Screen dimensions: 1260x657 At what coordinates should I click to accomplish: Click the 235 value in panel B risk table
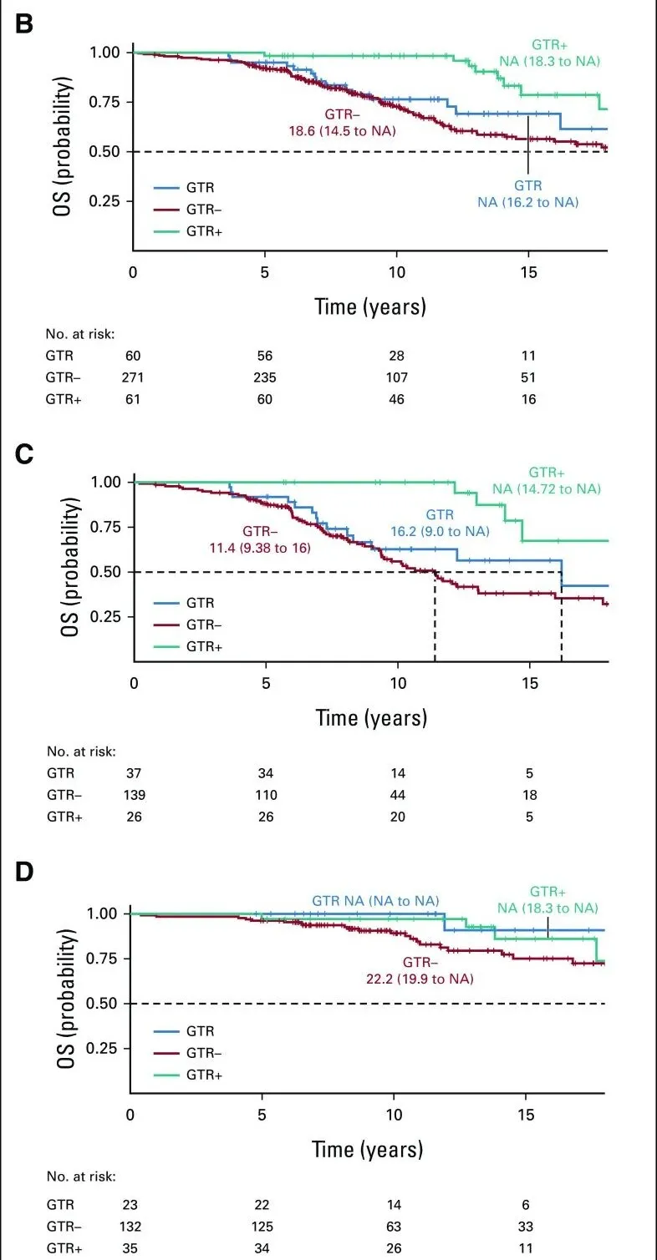(266, 376)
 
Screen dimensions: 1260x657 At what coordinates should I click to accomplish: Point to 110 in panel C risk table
(266, 794)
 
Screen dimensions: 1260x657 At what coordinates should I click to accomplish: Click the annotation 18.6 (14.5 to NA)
(339, 130)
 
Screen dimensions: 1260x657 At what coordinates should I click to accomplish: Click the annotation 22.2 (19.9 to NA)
(420, 977)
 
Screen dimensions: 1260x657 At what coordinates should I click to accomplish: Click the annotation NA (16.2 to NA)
(527, 201)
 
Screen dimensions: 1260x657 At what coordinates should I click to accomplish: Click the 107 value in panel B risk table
(396, 376)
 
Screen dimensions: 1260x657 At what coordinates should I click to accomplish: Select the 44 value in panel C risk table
(396, 794)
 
